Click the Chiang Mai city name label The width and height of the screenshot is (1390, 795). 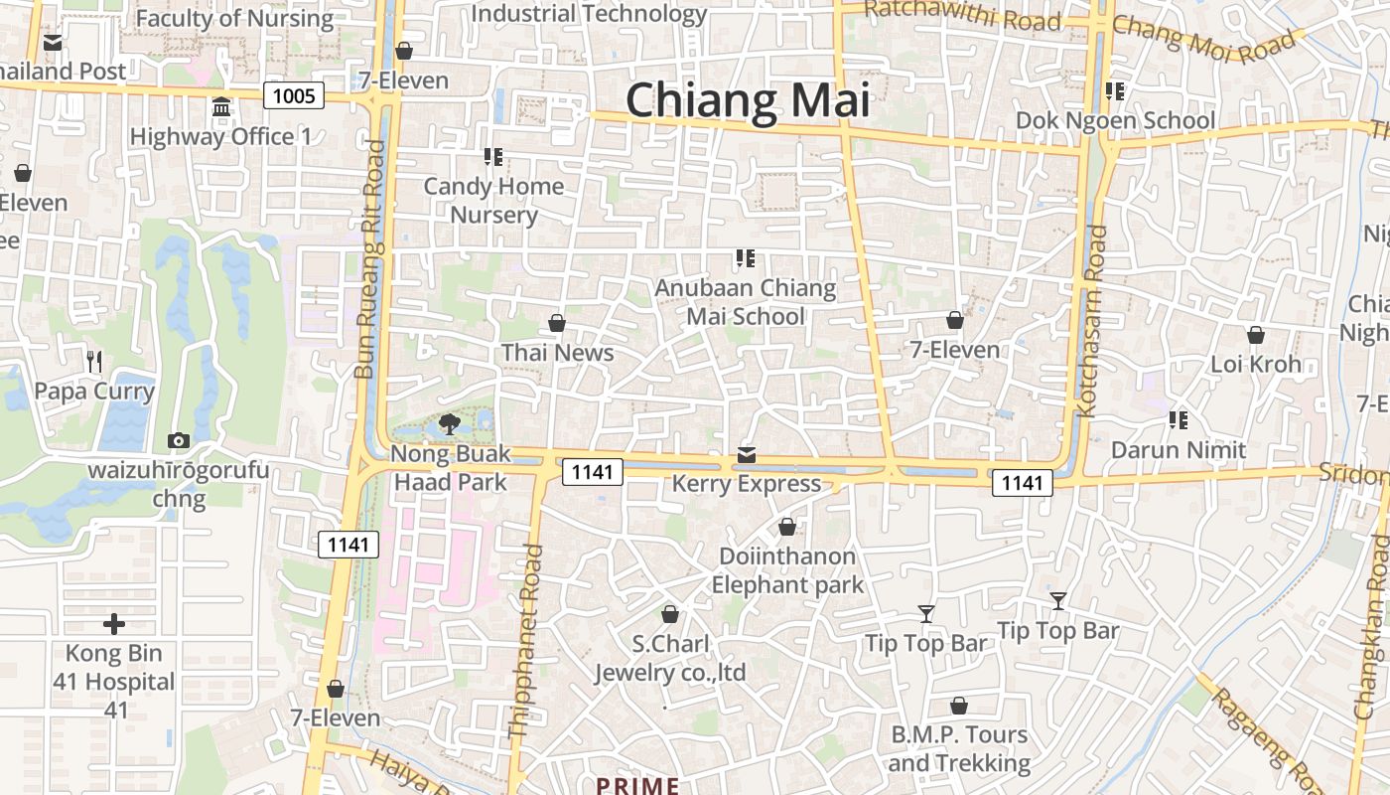pyautogui.click(x=747, y=100)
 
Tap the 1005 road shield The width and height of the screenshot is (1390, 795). pyautogui.click(x=295, y=95)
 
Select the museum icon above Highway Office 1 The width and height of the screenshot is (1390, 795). pyautogui.click(x=221, y=106)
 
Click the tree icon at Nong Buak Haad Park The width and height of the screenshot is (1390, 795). pyautogui.click(x=449, y=424)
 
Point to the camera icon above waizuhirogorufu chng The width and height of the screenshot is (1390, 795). pyautogui.click(x=179, y=439)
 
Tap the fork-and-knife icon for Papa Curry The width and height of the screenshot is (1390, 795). pyautogui.click(x=94, y=361)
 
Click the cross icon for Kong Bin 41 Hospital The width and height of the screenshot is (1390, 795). pyautogui.click(x=114, y=624)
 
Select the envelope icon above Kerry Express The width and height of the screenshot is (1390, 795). pyautogui.click(x=747, y=455)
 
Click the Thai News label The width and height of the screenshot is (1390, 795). pyautogui.click(x=557, y=353)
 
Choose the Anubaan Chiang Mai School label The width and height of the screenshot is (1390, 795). pyautogui.click(x=746, y=302)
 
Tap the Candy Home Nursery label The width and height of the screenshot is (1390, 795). pyautogui.click(x=493, y=200)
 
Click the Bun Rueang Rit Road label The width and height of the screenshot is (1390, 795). pyautogui.click(x=367, y=258)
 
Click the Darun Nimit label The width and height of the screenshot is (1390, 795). pyautogui.click(x=1178, y=450)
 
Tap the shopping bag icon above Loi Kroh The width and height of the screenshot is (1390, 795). pyautogui.click(x=1255, y=335)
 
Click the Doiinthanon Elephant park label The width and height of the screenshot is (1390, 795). pyautogui.click(x=787, y=570)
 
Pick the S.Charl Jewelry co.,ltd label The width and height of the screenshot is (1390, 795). pyautogui.click(x=670, y=658)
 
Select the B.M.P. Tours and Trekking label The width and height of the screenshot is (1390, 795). pyautogui.click(x=958, y=748)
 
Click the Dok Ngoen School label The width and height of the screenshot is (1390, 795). pyautogui.click(x=1115, y=120)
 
